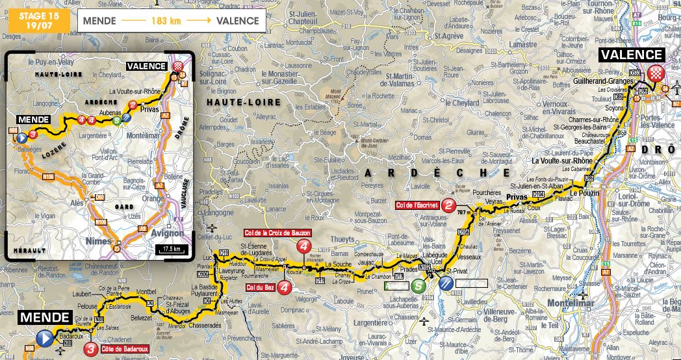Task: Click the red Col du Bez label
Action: (x=260, y=287)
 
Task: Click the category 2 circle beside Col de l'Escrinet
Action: (x=449, y=206)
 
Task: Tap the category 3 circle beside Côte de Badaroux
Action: (x=92, y=349)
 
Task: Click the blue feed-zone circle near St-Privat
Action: (x=445, y=283)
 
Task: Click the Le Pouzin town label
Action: (x=583, y=194)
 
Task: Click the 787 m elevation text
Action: (x=463, y=212)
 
